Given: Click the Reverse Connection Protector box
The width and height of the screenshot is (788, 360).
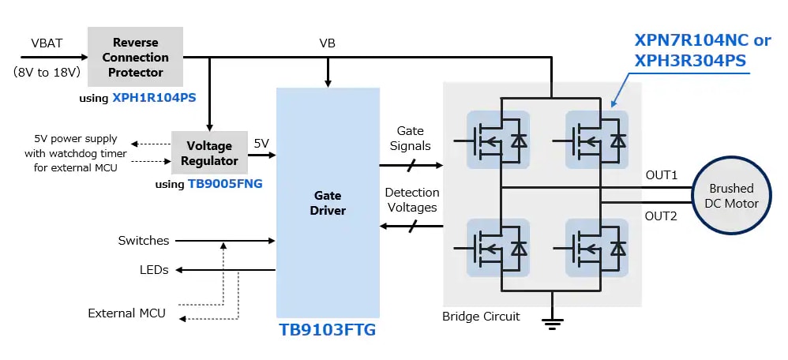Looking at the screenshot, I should click(x=135, y=57).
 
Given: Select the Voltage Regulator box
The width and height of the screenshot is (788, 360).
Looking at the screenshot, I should click(x=208, y=153).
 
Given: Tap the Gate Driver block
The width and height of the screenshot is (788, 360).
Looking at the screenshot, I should click(x=327, y=202).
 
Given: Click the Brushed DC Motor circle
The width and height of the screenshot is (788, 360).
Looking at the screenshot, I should click(x=731, y=197).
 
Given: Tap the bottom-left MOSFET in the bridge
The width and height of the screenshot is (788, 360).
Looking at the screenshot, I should click(x=497, y=247).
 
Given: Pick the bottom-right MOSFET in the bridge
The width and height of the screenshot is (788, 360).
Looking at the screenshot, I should click(x=596, y=247).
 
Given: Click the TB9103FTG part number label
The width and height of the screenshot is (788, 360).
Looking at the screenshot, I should click(x=327, y=330).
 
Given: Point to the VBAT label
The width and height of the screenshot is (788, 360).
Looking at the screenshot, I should click(x=47, y=43).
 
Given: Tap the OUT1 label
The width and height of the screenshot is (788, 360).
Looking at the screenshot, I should click(x=662, y=174).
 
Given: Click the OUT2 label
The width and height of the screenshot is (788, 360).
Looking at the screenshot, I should click(x=662, y=216).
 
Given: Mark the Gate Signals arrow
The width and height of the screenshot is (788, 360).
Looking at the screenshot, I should click(x=411, y=166).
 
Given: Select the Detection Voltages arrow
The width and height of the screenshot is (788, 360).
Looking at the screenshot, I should click(x=411, y=227).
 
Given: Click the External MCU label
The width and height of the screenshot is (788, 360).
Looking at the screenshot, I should click(x=126, y=313).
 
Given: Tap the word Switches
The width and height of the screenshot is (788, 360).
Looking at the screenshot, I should click(x=143, y=240).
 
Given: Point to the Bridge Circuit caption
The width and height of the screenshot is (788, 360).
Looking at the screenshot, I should click(x=481, y=317).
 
